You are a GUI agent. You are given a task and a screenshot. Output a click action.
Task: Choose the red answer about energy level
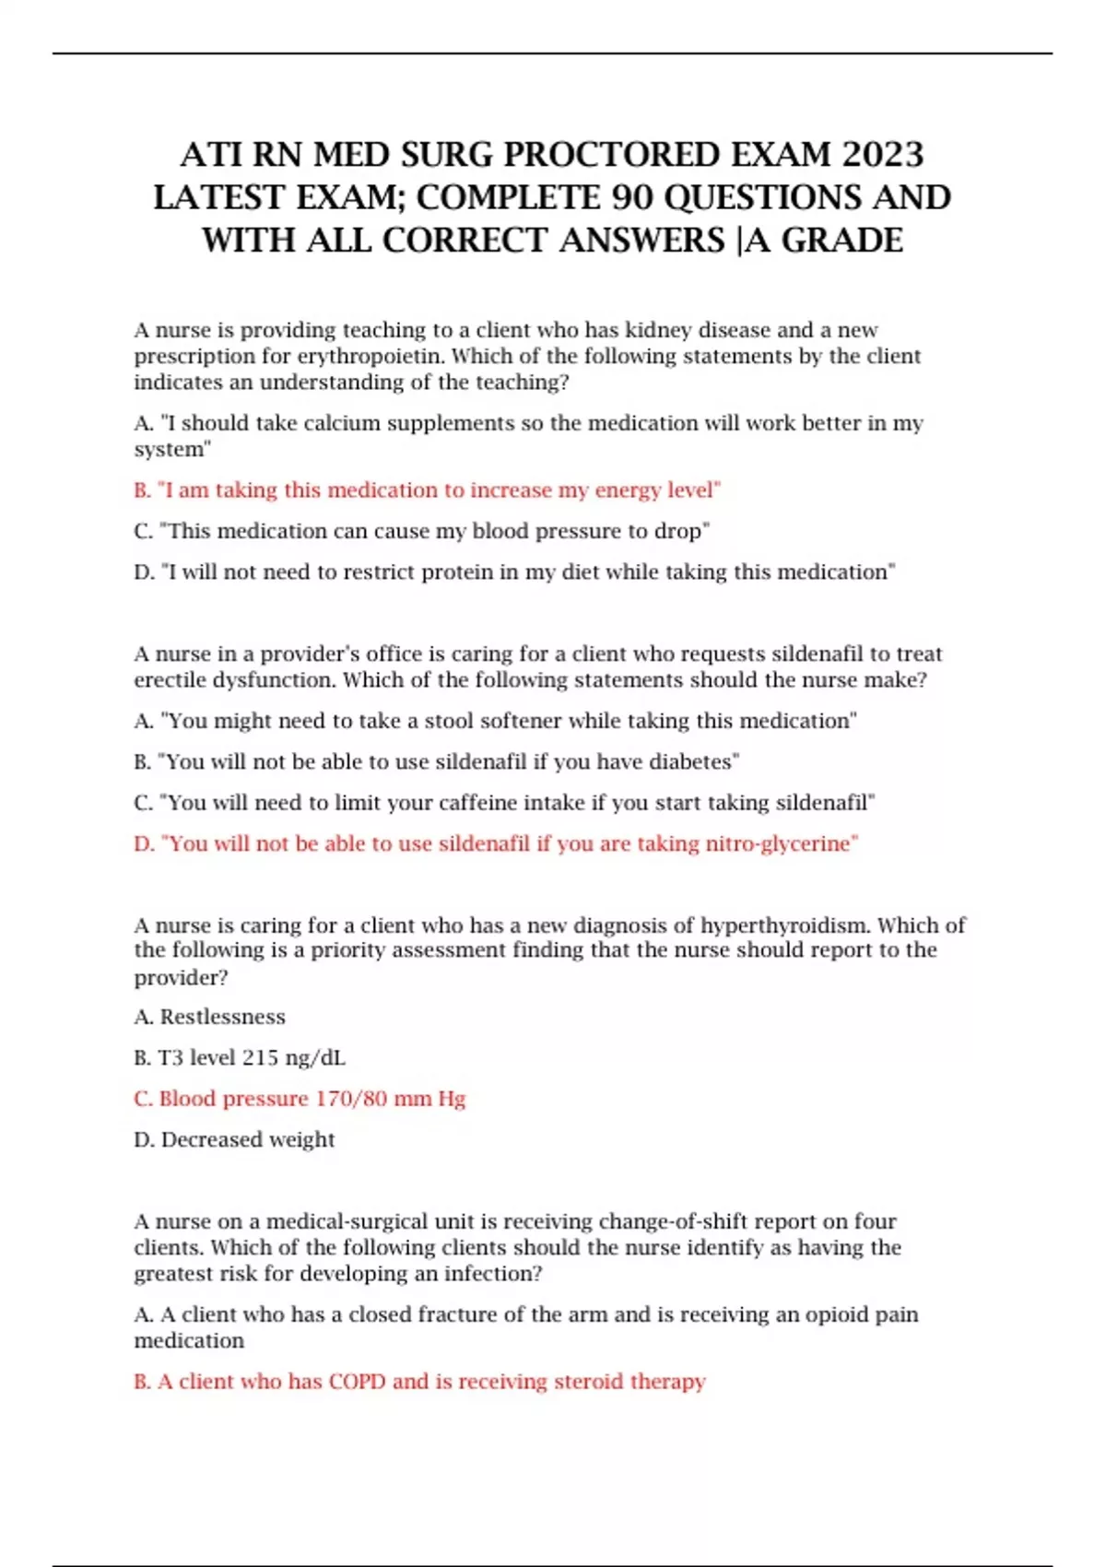[427, 490]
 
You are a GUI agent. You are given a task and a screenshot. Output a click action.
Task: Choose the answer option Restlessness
[222, 1017]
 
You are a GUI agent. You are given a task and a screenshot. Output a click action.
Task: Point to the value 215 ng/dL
[288, 1058]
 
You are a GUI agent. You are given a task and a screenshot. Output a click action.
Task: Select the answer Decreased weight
[247, 1140]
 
